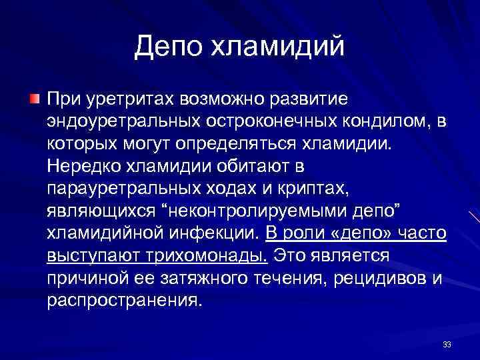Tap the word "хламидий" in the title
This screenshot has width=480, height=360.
[281, 46]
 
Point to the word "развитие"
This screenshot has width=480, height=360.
[307, 99]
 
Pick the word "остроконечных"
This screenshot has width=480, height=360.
[271, 122]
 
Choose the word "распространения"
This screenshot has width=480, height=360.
[123, 300]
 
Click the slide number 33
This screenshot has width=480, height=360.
[447, 344]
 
